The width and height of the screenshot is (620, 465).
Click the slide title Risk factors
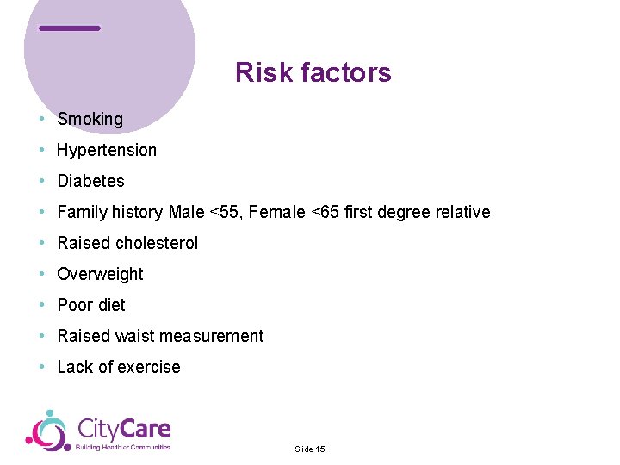[313, 73]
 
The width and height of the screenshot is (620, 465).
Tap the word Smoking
[90, 120]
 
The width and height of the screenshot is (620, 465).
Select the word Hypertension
[107, 151]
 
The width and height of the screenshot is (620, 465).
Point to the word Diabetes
[90, 182]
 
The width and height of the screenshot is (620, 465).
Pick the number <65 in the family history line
[329, 213]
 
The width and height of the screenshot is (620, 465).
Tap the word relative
[462, 213]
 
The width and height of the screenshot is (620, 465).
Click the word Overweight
[100, 275]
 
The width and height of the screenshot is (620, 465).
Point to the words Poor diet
[91, 306]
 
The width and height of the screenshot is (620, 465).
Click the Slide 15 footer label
[309, 449]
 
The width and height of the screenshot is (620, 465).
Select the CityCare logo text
[124, 429]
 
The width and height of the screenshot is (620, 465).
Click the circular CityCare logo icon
[47, 431]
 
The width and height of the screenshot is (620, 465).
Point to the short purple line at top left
[70, 28]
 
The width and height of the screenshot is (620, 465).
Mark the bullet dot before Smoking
[41, 119]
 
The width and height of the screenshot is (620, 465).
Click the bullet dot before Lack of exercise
[41, 367]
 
